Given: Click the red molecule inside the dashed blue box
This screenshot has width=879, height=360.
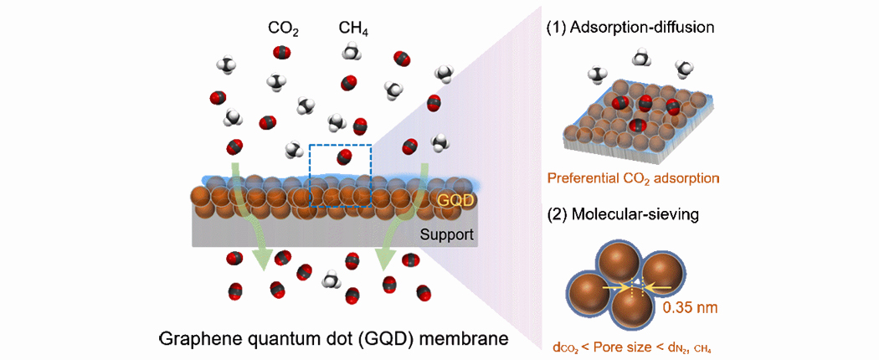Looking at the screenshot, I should pos(343,157).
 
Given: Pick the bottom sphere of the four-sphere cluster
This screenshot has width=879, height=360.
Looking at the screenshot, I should pos(631,311).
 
